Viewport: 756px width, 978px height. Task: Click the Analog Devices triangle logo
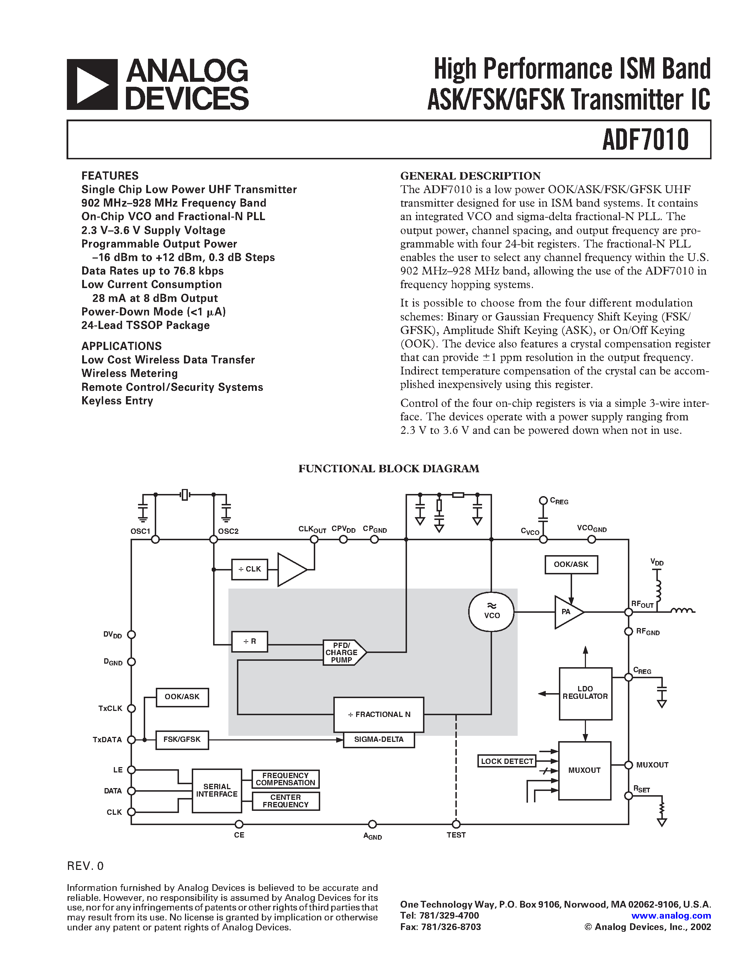[92, 85]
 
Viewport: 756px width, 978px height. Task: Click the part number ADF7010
[645, 139]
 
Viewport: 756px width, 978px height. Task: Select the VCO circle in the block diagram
[491, 612]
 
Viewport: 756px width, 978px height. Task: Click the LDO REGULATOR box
[585, 693]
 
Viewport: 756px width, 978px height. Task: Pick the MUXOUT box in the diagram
[585, 770]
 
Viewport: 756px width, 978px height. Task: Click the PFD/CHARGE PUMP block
[342, 653]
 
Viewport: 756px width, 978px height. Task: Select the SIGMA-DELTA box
[379, 739]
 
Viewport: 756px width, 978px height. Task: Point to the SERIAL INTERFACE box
[217, 790]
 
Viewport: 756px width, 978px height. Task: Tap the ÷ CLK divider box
[249, 569]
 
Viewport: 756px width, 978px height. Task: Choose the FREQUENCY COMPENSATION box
[285, 779]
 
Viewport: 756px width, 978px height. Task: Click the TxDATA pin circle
[131, 740]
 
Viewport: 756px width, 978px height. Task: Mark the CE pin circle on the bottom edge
[239, 824]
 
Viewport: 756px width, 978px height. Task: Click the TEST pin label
[456, 835]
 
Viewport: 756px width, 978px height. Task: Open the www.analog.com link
[671, 916]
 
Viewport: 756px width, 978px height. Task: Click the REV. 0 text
[85, 866]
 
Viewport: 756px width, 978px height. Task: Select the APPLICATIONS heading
[121, 346]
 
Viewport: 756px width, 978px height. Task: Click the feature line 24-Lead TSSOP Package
[145, 325]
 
